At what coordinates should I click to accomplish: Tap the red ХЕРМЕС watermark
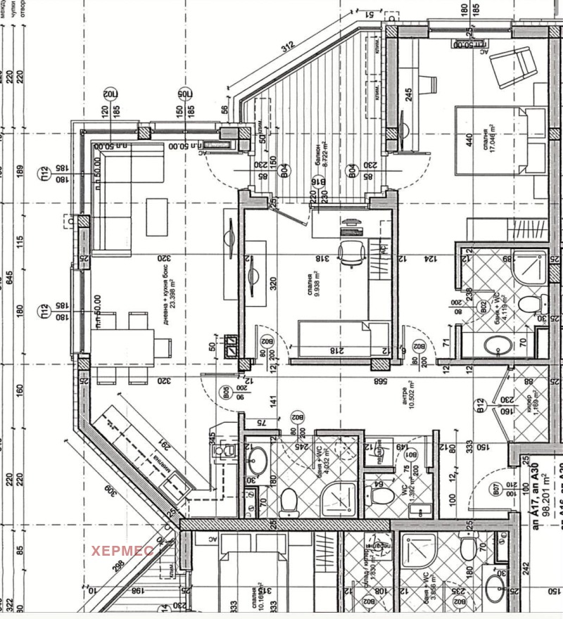[120, 550]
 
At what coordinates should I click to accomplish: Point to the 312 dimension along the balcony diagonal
[285, 49]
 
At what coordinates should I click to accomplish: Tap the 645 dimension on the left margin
[9, 278]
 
